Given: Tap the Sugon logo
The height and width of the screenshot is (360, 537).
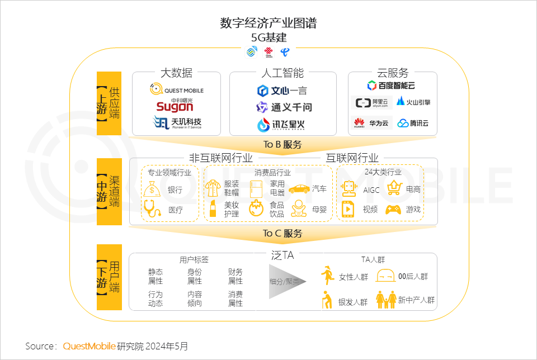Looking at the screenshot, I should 175,105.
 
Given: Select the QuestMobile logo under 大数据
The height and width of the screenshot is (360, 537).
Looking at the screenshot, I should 177,89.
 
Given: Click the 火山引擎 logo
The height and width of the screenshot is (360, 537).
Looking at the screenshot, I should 413,102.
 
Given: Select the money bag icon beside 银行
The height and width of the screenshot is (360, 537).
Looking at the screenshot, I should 152,190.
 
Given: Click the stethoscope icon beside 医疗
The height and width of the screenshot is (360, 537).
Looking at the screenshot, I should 152,209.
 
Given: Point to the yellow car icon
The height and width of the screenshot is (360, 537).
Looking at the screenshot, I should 299,189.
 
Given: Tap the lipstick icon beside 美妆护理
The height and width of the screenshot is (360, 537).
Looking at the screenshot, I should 213,209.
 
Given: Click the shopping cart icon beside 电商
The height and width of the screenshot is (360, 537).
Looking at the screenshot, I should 395,188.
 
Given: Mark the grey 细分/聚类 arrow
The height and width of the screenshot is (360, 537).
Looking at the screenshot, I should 287,281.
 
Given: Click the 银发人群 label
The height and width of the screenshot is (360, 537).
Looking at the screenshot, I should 353,302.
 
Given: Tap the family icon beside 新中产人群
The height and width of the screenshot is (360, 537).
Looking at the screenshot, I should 385,300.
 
